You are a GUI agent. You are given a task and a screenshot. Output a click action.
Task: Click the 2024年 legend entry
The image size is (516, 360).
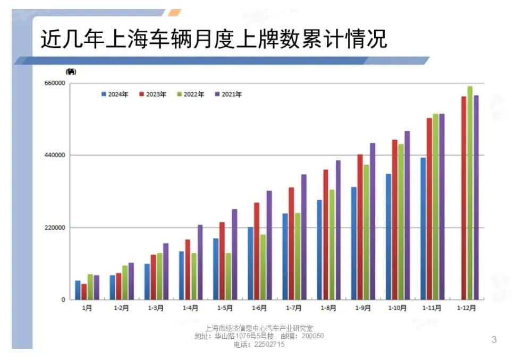[115, 95]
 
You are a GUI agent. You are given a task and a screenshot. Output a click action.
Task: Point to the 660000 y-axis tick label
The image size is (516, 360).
[55, 83]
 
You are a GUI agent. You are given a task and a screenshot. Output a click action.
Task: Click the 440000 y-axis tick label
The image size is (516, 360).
[55, 155]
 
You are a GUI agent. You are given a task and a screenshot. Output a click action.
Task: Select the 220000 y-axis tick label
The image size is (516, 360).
[55, 228]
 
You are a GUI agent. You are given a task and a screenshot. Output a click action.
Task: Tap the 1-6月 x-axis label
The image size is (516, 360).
[259, 308]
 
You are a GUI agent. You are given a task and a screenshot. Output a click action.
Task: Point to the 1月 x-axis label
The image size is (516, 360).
[87, 308]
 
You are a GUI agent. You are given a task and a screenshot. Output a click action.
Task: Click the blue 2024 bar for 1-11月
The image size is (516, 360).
[423, 228]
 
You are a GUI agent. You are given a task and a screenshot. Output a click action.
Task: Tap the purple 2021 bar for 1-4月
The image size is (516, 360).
[200, 262]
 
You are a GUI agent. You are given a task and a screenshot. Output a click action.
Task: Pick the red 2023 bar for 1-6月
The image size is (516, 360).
[257, 251]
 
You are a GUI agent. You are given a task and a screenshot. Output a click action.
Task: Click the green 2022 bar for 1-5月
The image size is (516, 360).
[229, 276]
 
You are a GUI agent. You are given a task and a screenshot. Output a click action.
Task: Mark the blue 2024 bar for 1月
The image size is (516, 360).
[78, 290]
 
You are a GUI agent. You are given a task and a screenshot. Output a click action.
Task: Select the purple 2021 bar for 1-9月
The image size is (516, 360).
[373, 221]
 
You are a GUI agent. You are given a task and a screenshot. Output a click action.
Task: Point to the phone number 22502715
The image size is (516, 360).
[259, 345]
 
